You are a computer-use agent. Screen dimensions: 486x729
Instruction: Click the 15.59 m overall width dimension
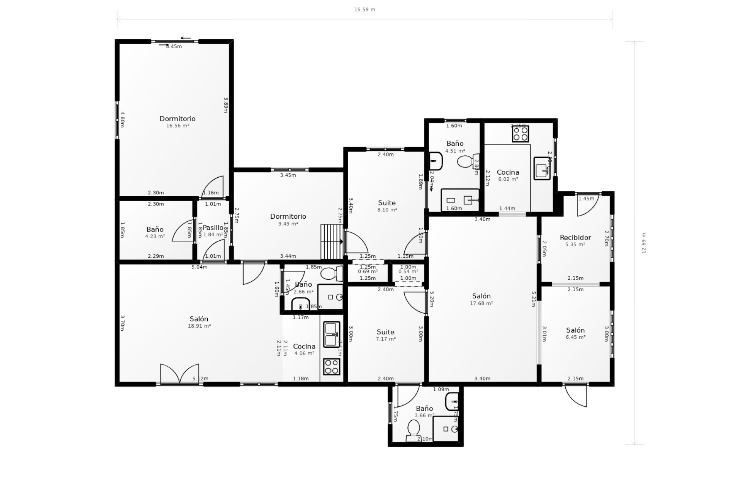point(364,9)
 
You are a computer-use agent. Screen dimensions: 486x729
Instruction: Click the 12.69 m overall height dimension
point(643,243)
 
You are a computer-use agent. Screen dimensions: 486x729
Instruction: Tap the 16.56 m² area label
point(178,126)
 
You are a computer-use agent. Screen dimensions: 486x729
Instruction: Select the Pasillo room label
point(213,228)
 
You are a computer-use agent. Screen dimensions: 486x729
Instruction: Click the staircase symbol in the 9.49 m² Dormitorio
point(332,241)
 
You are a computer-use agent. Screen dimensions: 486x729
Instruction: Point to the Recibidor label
point(575,238)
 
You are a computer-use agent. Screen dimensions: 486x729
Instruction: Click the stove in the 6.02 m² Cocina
point(520,134)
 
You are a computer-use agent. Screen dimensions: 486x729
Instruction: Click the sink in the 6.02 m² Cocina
point(542,168)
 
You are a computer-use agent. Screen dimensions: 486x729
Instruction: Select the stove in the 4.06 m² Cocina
point(331,366)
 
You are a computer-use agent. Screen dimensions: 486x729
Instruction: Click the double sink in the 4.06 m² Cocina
point(331,334)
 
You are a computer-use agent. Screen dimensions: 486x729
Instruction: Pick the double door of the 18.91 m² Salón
point(180,374)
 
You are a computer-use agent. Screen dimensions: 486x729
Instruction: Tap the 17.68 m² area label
point(481,303)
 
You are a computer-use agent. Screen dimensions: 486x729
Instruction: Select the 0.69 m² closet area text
point(368,271)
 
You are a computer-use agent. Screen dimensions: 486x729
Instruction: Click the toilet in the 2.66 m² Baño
point(331,273)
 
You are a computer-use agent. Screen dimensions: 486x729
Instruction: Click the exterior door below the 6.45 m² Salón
point(576,395)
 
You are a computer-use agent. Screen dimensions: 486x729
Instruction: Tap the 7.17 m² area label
point(386,339)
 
